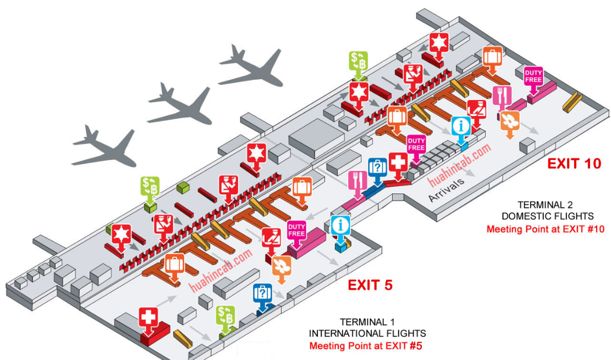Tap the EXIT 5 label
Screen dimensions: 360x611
370,285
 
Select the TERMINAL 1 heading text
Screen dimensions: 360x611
367,322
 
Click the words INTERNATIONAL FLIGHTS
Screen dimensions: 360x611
367,334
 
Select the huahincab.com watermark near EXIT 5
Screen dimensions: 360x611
221,271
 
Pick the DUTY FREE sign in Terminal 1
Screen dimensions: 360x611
296,230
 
